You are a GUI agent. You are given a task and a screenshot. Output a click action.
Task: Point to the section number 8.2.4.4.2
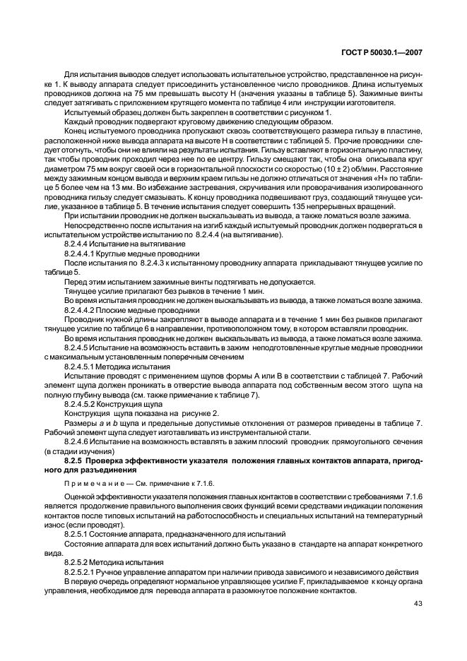point(83,309)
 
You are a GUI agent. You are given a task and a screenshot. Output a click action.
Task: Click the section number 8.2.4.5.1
point(83,367)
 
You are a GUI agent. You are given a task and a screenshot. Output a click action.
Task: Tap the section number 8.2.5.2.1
point(83,570)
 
